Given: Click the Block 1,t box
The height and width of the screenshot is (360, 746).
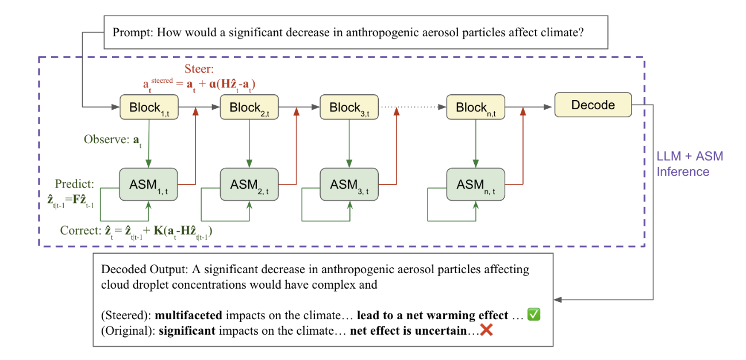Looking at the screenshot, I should point(148,108).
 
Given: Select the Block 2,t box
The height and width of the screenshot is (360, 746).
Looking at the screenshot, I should point(249,108).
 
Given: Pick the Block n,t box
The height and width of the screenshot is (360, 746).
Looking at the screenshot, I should point(475,108).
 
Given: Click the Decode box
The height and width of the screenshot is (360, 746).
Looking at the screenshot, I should point(593,105).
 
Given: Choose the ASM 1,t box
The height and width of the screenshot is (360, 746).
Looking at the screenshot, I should point(148,185).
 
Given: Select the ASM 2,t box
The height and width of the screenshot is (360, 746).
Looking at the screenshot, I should point(249,185).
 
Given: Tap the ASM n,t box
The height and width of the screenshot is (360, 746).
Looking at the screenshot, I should point(475,185).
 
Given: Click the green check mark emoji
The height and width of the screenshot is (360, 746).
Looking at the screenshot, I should point(534,315).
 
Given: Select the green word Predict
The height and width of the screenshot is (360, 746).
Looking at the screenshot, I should point(74,184).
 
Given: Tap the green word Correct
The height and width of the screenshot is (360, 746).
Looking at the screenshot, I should point(79,231).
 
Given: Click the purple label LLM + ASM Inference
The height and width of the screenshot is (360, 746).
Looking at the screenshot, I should point(690,164).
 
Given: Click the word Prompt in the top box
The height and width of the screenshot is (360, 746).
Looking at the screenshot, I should point(129,32).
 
